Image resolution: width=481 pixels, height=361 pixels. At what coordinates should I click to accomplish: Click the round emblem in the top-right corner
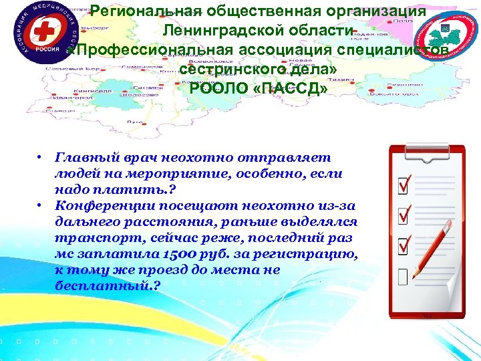[x=444, y=35]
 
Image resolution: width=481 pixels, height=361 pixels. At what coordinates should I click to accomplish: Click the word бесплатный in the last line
[x=100, y=285]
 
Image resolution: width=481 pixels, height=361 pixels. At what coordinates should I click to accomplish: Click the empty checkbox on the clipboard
[x=403, y=276]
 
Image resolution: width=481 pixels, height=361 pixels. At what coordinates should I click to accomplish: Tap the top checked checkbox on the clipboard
[x=404, y=182]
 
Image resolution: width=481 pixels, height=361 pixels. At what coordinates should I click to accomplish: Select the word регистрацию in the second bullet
[x=307, y=255]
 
